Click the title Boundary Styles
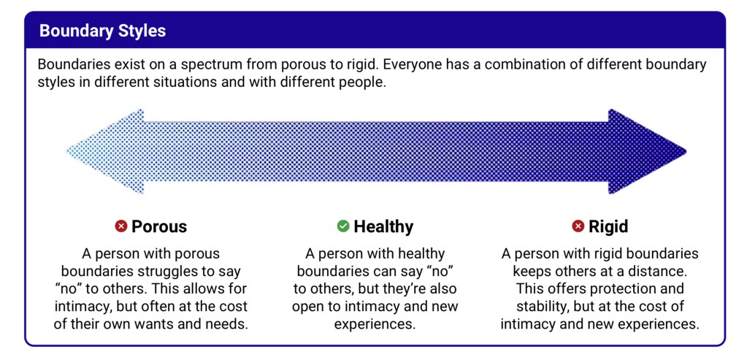pos(102,31)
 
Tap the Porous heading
pos(158,226)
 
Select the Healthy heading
pos(383,226)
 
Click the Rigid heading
pos(608,226)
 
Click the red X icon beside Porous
pos(121,226)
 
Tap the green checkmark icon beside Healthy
pos(343,226)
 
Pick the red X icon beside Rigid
pos(578,226)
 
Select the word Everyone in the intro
pos(413,64)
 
